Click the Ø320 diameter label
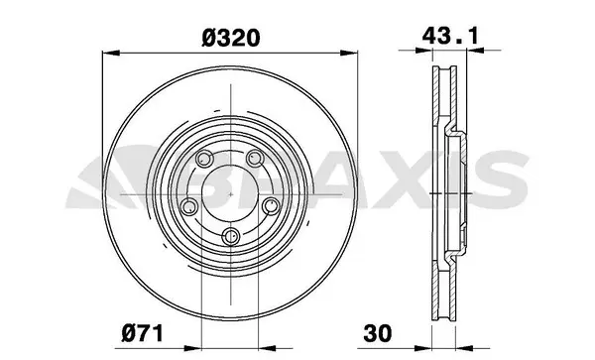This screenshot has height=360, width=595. click(231, 38)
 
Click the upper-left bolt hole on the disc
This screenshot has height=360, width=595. click(205, 159)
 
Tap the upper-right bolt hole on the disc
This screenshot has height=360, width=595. click(254, 159)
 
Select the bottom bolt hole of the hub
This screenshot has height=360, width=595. click(230, 234)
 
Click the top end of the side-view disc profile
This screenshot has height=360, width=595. click(443, 72)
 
